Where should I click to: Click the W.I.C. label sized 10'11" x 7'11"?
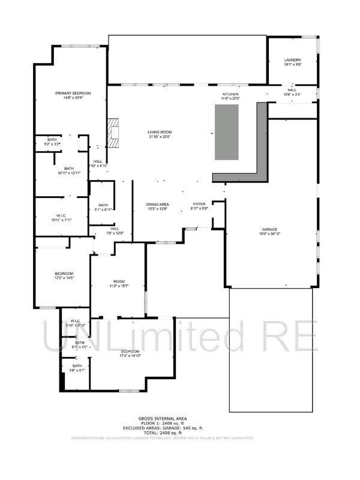[63, 218]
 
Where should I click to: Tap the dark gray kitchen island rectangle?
[227, 132]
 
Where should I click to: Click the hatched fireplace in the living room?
[113, 133]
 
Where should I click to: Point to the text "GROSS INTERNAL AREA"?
[163, 418]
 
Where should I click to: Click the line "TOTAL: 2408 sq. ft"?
[163, 432]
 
